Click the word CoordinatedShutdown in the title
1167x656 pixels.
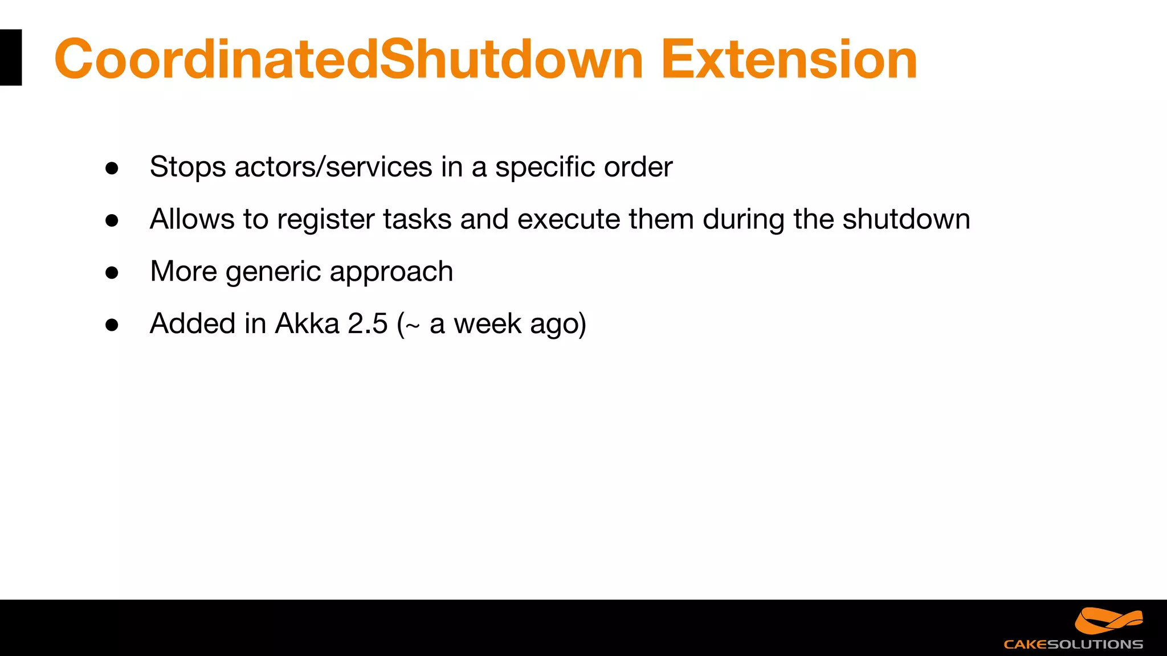tap(349, 59)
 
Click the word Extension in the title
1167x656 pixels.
tap(789, 59)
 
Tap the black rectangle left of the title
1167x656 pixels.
tap(11, 58)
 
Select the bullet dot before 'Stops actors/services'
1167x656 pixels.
tap(112, 168)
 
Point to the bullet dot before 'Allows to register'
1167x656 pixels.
tap(112, 220)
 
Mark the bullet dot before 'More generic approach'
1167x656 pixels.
tap(112, 273)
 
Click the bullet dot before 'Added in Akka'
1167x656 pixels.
tap(112, 325)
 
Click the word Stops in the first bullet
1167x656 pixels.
tap(187, 167)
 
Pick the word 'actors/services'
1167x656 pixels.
tap(333, 167)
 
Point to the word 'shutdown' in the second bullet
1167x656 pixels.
tap(906, 220)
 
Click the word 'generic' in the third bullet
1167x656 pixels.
tap(273, 272)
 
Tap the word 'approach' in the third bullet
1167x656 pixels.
tap(391, 272)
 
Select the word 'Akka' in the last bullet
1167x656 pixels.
tap(307, 324)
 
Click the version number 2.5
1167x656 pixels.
tap(368, 324)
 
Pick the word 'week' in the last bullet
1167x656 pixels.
tap(487, 324)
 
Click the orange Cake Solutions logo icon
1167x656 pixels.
tap(1109, 621)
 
